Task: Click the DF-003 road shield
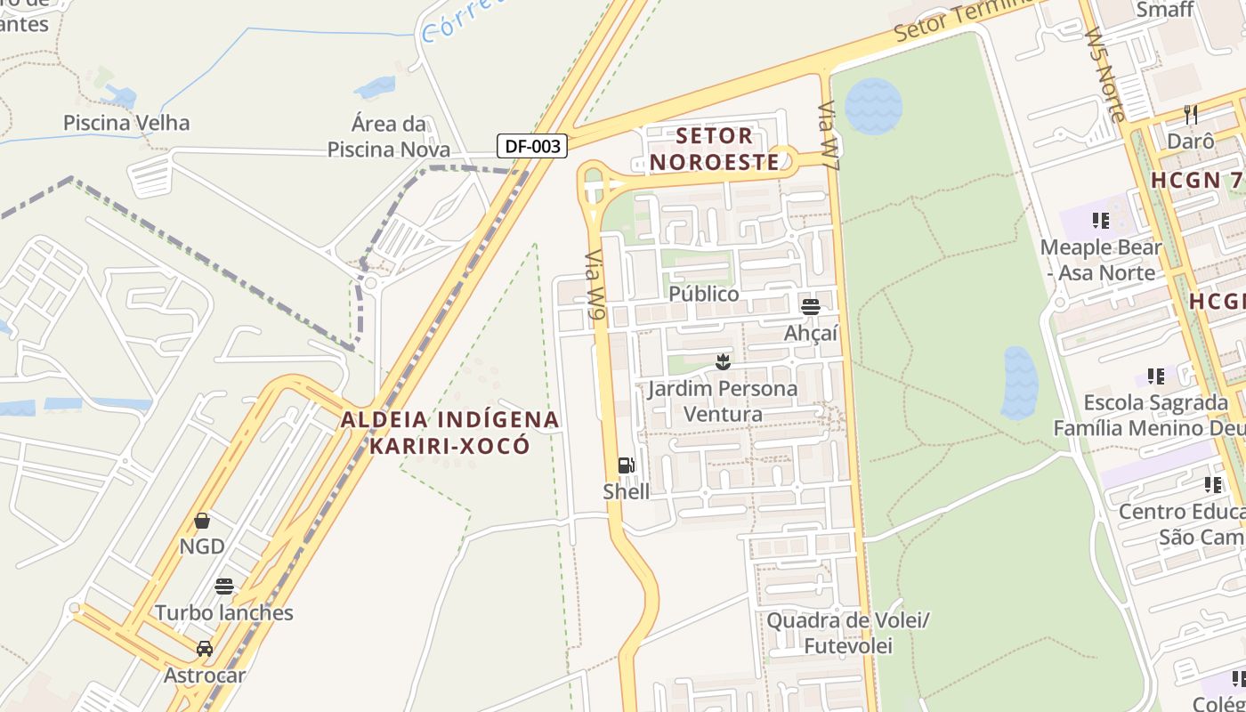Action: (x=532, y=146)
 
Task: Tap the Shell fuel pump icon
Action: (x=626, y=465)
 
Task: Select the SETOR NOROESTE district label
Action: (x=726, y=149)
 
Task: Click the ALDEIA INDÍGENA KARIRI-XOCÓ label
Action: (x=449, y=432)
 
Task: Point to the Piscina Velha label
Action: (x=126, y=122)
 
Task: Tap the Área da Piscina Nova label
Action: (x=389, y=136)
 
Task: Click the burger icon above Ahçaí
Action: (x=811, y=307)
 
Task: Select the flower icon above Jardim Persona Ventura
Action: (x=723, y=362)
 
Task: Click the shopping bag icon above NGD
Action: (x=202, y=521)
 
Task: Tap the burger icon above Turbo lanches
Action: (x=224, y=587)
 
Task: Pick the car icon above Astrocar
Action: (x=205, y=648)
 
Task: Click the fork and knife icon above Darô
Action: (x=1191, y=115)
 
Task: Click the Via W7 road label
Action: (x=829, y=136)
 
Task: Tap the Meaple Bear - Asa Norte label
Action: (x=1101, y=260)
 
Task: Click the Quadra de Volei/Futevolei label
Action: (x=847, y=633)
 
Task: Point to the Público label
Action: (x=703, y=294)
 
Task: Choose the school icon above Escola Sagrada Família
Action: (x=1156, y=376)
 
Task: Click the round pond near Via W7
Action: (x=873, y=106)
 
